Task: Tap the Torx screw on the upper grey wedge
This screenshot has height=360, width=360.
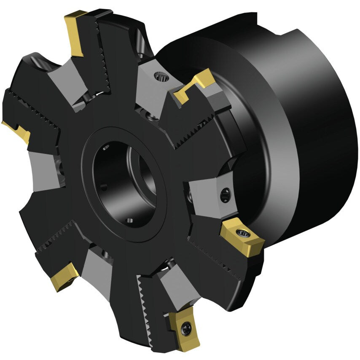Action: click(161, 77)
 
